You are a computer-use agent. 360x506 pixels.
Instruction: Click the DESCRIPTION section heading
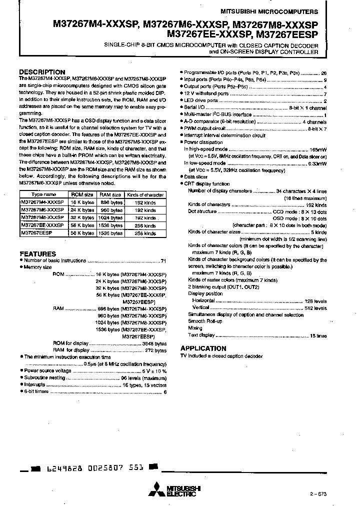42,72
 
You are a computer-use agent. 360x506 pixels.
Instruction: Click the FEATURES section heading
37,253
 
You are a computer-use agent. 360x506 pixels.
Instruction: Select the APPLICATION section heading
203,348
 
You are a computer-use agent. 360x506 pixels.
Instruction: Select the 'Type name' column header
43,195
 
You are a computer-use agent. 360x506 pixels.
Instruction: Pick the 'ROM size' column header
82,195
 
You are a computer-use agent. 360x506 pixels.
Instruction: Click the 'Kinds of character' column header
145,195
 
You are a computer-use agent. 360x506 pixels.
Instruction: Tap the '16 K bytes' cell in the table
82,202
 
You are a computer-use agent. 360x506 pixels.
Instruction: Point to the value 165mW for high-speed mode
318,149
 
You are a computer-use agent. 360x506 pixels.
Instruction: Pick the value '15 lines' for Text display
318,335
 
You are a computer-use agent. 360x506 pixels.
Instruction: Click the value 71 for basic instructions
163,261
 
